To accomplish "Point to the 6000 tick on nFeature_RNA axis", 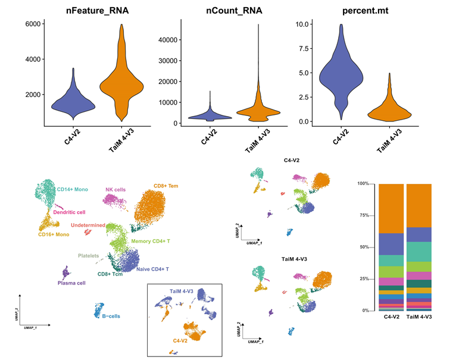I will click(33, 24).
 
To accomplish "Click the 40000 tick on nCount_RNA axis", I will click(158, 39).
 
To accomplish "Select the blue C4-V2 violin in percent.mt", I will click(341, 71).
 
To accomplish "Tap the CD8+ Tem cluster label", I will click(165, 186).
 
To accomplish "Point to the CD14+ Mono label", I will click(72, 189).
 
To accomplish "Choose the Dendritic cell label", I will click(69, 212).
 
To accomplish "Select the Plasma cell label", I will click(71, 283).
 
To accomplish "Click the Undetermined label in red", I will click(88, 226).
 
